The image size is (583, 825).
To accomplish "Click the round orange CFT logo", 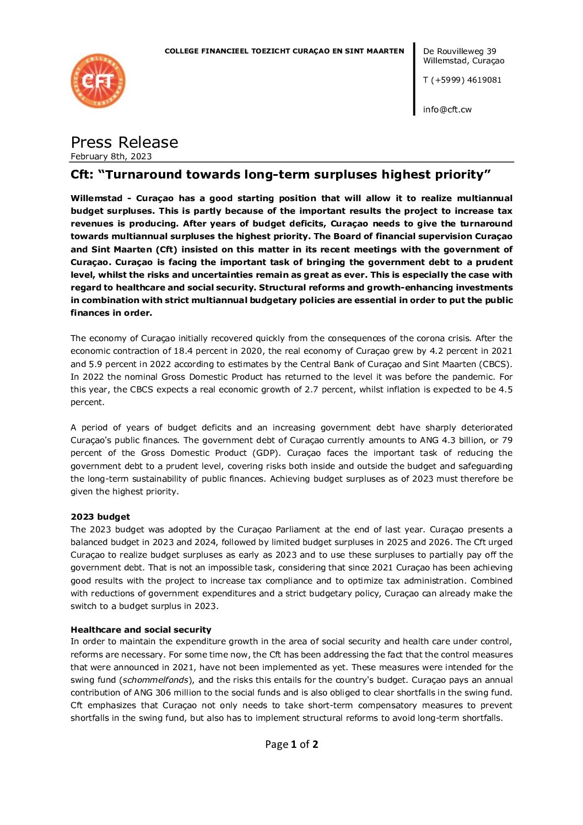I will click(x=98, y=81).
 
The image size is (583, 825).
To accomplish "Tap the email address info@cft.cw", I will click(x=447, y=110).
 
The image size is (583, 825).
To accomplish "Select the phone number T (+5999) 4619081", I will click(x=462, y=80).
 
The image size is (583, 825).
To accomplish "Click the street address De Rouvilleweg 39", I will click(x=459, y=51).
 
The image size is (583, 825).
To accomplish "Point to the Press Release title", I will click(x=124, y=142).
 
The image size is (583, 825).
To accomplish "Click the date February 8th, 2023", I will click(x=111, y=157).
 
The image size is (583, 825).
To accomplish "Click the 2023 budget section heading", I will click(x=100, y=517).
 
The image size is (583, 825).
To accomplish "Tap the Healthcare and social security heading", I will click(x=141, y=629).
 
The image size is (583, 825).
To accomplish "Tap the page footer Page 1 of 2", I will click(x=291, y=745).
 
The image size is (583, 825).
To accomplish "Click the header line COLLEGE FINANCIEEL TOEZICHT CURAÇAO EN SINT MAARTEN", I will click(x=284, y=51).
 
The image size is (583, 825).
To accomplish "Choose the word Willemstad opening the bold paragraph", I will click(x=96, y=198).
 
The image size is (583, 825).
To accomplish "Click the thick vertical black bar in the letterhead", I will click(x=414, y=79).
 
